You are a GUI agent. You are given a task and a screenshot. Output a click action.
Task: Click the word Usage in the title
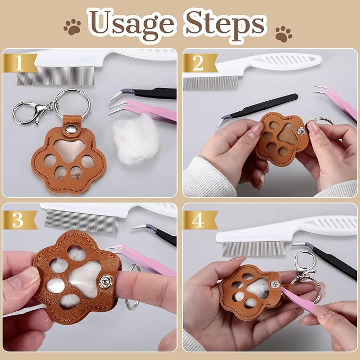[132, 25]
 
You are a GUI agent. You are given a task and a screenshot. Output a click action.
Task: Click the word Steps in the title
[225, 25]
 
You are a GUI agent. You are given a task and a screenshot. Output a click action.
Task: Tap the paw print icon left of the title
[73, 27]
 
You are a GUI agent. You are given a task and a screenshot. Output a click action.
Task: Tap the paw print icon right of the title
[284, 34]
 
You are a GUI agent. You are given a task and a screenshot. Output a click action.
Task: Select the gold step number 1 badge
[20, 63]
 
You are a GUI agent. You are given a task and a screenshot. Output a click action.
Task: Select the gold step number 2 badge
[199, 63]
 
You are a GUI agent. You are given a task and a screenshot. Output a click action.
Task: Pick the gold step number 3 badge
[20, 219]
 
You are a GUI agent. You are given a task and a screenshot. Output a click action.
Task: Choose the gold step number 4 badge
[199, 219]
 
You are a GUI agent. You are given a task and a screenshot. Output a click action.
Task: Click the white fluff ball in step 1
[135, 139]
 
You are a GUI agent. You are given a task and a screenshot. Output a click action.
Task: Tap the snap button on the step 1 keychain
[69, 129]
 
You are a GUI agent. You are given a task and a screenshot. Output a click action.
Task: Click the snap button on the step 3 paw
[106, 282]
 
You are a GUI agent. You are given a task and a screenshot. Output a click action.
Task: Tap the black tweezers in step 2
[257, 111]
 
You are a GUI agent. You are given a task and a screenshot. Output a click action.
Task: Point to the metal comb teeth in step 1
[56, 76]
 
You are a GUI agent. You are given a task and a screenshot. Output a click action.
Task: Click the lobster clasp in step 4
[305, 264]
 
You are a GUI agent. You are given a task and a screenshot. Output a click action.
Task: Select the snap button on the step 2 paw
[301, 131]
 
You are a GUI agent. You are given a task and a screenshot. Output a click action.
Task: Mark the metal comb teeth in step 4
[254, 249]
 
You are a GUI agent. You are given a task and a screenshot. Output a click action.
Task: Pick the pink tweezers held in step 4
[299, 301]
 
